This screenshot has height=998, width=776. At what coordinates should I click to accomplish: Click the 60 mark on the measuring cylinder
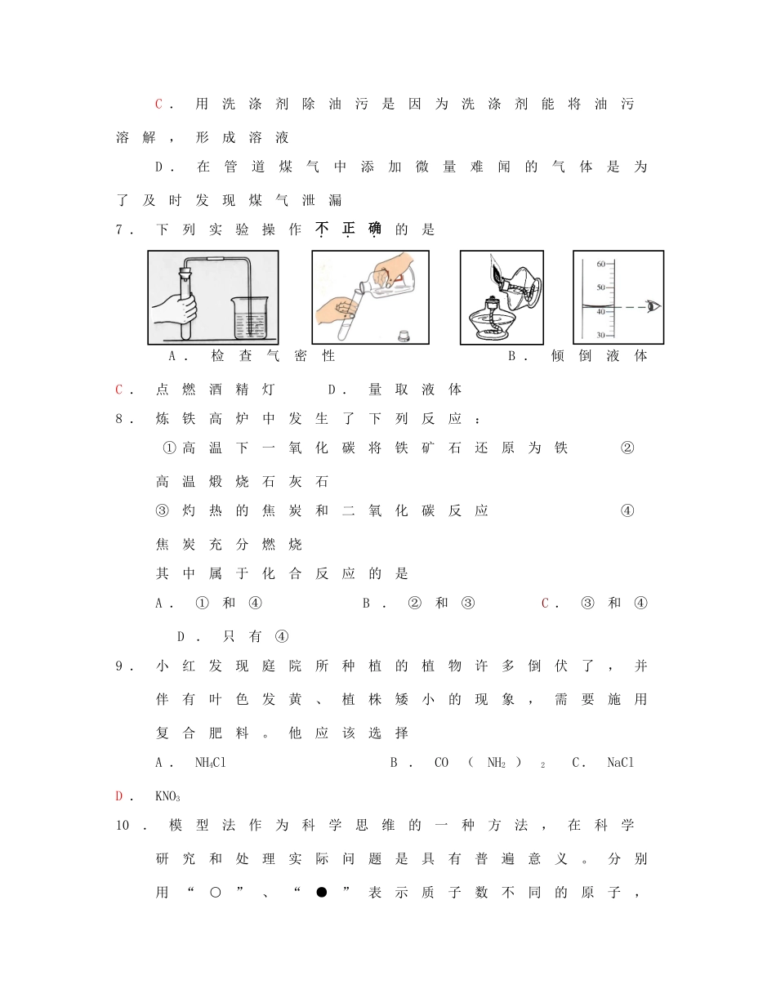(600, 264)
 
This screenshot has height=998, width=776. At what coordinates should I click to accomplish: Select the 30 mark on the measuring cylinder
(600, 336)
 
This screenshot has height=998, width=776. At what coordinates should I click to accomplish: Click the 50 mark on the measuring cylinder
(600, 287)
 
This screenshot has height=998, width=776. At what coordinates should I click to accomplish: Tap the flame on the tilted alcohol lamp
(496, 265)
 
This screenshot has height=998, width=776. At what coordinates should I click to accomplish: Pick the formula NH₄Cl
(210, 763)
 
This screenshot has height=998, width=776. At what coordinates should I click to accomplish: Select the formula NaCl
(620, 763)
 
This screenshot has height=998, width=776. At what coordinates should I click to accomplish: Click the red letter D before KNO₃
(119, 796)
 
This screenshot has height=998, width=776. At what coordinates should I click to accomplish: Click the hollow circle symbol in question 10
(215, 893)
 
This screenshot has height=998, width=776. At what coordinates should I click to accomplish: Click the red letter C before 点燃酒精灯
(119, 390)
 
